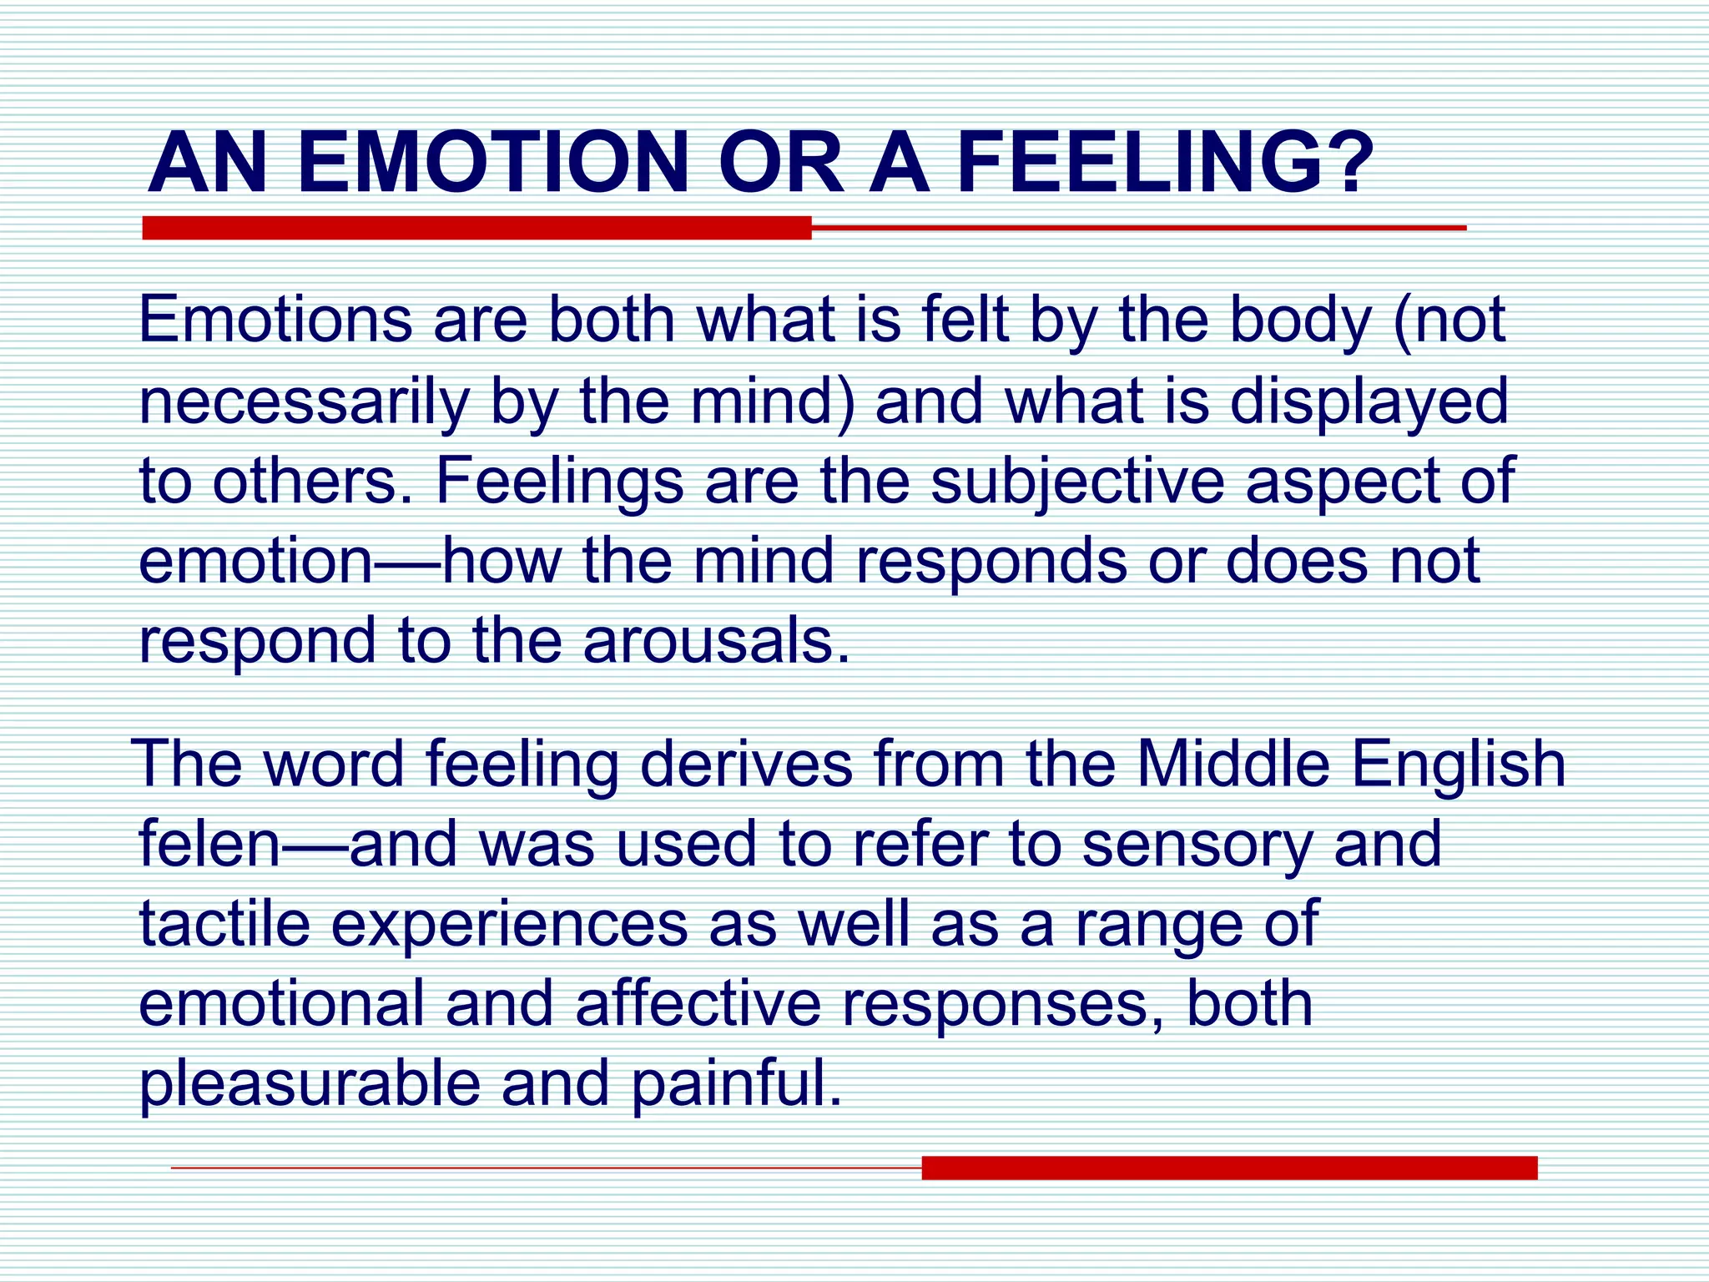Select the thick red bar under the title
(476, 228)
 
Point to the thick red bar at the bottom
(1229, 1168)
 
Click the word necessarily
(304, 402)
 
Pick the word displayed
(1369, 402)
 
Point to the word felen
(209, 843)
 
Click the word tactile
(224, 923)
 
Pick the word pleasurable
(310, 1084)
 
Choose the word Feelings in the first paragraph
(559, 482)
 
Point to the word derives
(746, 764)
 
